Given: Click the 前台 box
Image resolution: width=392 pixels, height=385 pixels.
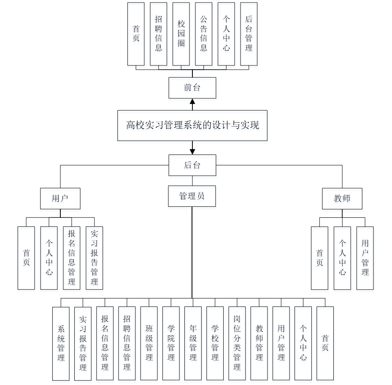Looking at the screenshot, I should (192, 88).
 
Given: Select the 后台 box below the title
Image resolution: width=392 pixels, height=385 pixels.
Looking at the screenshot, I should (192, 165).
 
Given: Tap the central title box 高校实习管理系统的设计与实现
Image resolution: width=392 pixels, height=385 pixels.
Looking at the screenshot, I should (192, 125).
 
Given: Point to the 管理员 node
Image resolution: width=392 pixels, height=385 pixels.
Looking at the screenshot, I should (192, 196).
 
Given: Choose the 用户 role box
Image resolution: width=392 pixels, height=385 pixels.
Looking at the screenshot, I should (60, 198).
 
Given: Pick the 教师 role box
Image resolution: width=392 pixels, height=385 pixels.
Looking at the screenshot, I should (342, 198).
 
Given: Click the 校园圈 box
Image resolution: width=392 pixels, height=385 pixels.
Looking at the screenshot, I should (181, 34).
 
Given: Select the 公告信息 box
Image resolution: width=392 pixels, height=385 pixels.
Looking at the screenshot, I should (203, 34).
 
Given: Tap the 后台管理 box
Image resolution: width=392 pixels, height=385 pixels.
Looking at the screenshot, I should (249, 34).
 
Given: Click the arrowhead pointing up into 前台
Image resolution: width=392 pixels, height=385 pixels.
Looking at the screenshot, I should (192, 101).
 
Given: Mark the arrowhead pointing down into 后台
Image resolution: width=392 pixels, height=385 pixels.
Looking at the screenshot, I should (192, 151).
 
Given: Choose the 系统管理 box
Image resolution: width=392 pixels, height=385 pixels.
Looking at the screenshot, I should (61, 343).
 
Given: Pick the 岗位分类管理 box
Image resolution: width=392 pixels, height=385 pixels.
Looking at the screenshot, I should (237, 343).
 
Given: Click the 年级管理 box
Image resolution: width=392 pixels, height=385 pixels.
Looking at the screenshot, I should (193, 343).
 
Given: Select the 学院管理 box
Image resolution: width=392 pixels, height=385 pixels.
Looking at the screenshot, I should (171, 343).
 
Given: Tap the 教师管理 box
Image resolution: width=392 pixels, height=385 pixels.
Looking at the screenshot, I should (259, 343).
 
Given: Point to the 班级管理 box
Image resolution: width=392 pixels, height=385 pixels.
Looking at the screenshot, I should (149, 343).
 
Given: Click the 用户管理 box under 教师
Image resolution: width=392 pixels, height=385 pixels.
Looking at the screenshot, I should (365, 258).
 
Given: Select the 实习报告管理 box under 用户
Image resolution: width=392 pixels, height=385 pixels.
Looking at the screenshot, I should (94, 258).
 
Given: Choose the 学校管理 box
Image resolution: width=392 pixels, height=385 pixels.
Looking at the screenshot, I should (215, 343).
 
